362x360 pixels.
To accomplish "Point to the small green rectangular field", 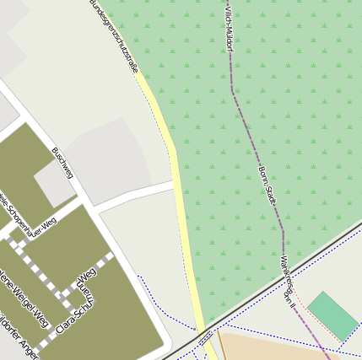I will click(332, 315).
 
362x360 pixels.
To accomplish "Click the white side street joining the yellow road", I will click(135, 196).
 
